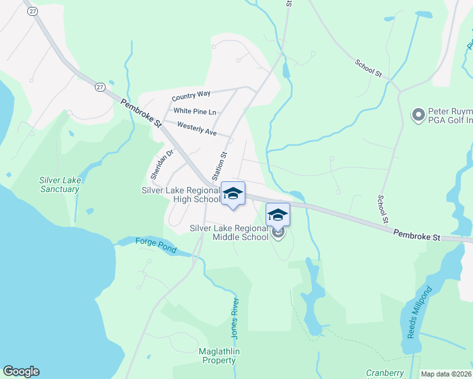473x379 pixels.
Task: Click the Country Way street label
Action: click(x=191, y=94)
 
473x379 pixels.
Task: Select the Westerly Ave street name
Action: click(x=197, y=129)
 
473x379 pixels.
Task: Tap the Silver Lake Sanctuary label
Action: click(x=59, y=184)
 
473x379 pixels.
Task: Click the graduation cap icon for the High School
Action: click(x=233, y=193)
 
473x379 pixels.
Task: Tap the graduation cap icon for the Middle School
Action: click(x=277, y=215)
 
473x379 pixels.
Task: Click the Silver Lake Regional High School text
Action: click(x=181, y=195)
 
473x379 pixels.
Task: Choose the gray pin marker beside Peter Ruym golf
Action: click(x=418, y=115)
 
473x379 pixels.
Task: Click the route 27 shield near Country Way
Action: click(x=101, y=87)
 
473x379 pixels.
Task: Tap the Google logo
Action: click(x=21, y=371)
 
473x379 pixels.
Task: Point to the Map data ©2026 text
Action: click(x=446, y=374)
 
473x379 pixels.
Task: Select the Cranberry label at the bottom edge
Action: click(x=385, y=373)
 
